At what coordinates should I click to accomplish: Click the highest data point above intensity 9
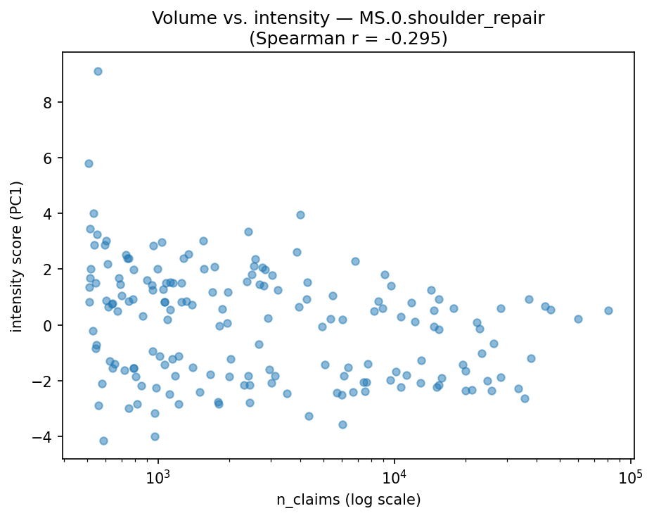point(98,71)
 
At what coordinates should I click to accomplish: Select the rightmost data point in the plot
point(608,310)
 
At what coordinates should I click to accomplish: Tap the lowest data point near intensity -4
point(103,441)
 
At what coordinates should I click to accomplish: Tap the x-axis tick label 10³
point(159,476)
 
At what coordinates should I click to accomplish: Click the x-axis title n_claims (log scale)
point(348,500)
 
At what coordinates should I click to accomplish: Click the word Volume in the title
point(179,18)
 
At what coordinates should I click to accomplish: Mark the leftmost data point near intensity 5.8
point(89,163)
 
